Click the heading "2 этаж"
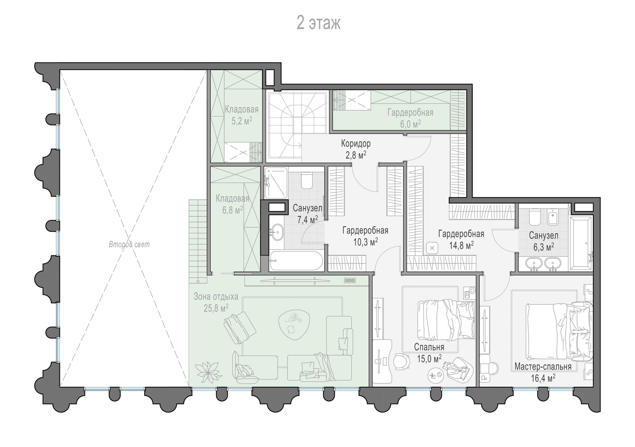pyautogui.click(x=318, y=23)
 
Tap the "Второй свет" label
pyautogui.click(x=129, y=245)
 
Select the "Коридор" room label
pyautogui.click(x=356, y=143)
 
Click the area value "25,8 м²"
pyautogui.click(x=216, y=308)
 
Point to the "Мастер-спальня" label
pyautogui.click(x=543, y=366)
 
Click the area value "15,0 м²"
pyautogui.click(x=429, y=359)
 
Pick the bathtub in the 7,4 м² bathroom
pyautogui.click(x=296, y=261)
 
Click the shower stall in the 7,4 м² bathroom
pyautogui.click(x=276, y=183)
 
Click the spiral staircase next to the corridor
pyautogui.click(x=297, y=127)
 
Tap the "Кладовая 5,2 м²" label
pyautogui.click(x=242, y=115)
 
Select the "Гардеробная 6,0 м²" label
pyautogui.click(x=410, y=118)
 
